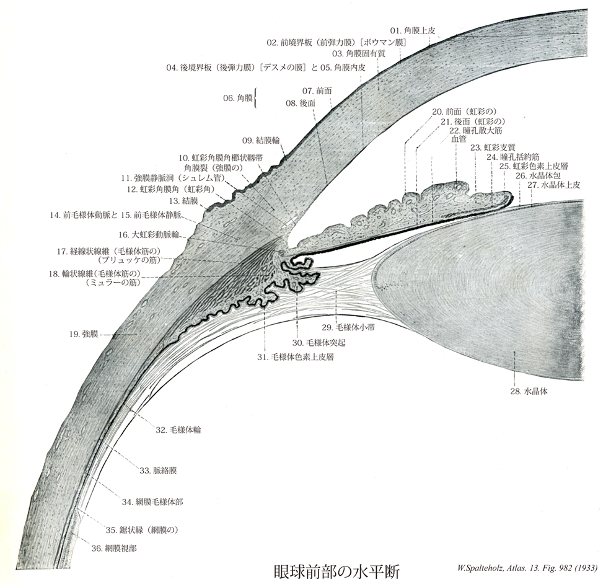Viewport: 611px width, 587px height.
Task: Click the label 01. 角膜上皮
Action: (x=413, y=30)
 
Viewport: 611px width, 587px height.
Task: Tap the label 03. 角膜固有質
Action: (x=374, y=54)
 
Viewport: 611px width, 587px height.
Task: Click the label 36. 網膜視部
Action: (x=114, y=548)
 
